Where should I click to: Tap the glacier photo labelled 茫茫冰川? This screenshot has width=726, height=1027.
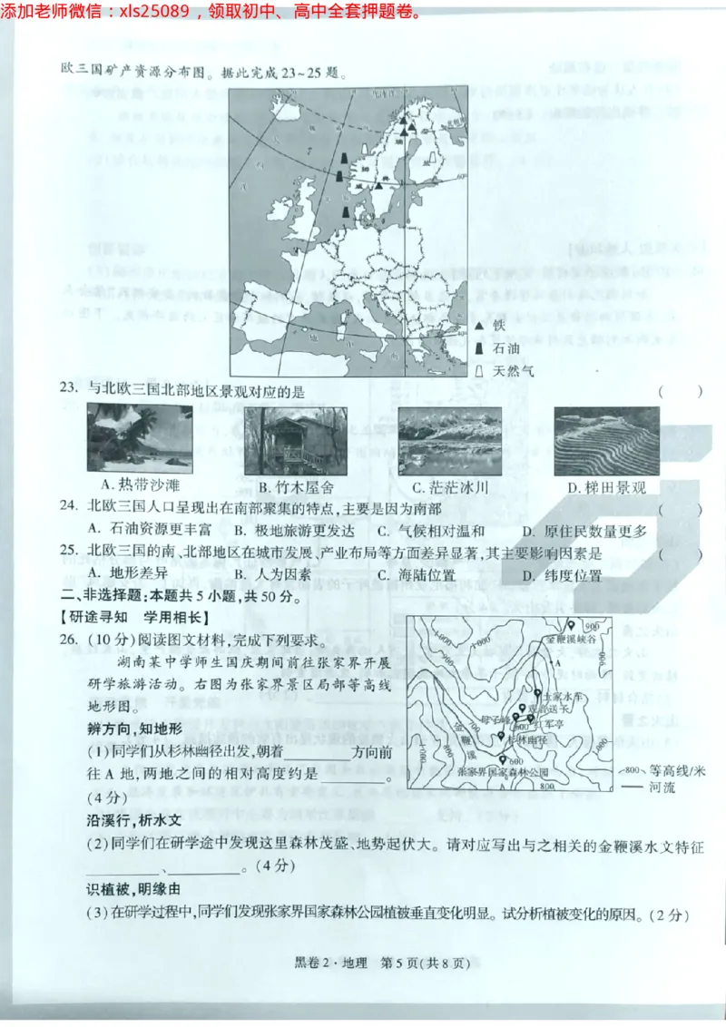pyautogui.click(x=449, y=439)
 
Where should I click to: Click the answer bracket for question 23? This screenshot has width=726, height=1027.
pyautogui.click(x=680, y=392)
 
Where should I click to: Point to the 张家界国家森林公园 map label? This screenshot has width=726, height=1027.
pyautogui.click(x=504, y=771)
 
